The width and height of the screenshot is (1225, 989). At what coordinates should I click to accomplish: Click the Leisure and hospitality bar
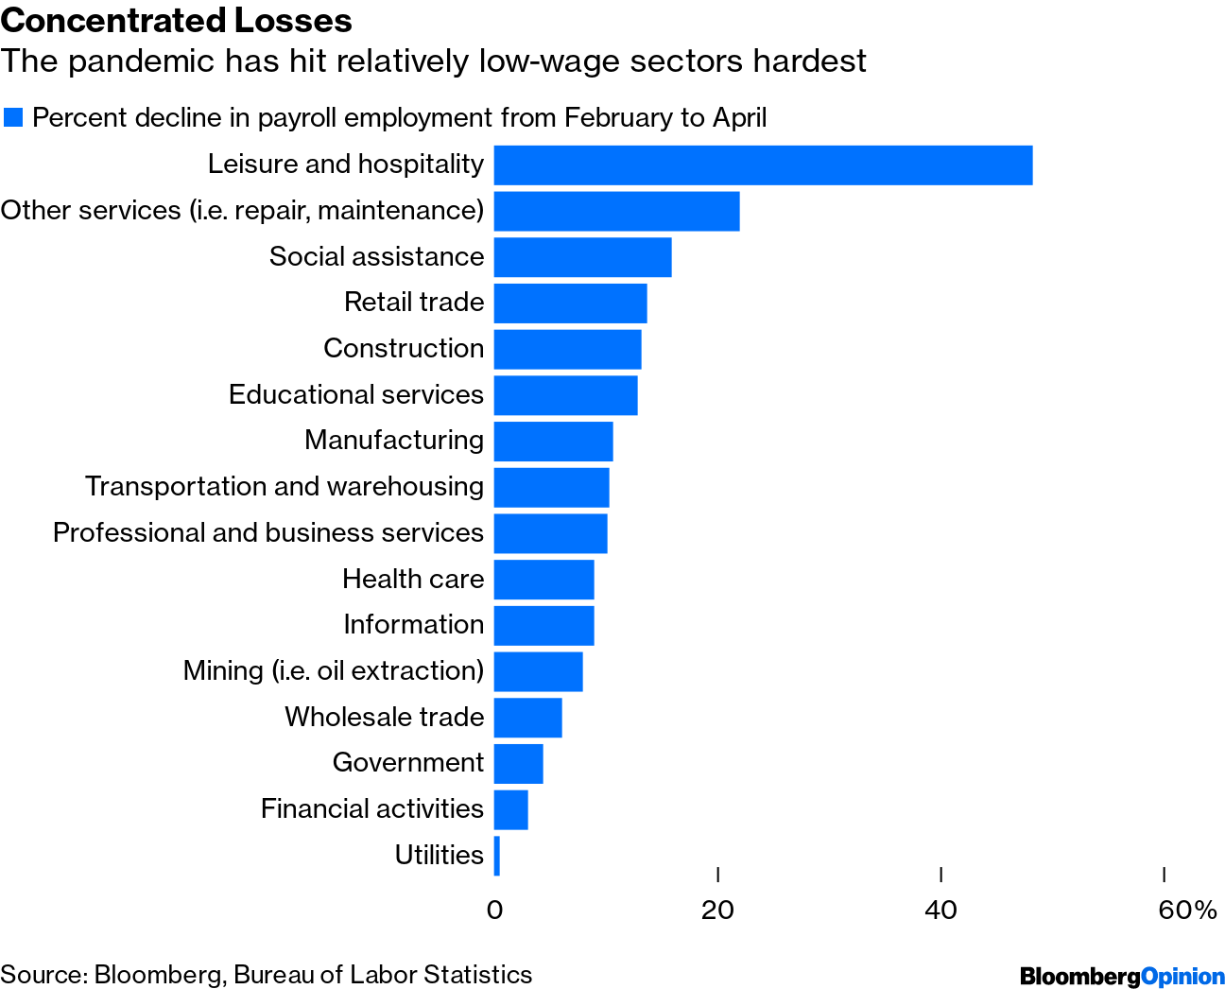(x=763, y=165)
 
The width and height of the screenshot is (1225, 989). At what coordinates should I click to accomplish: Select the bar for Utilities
(x=497, y=856)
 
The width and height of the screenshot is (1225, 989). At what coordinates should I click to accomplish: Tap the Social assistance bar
(x=582, y=257)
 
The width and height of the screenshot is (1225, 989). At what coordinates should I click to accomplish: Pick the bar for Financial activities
(x=510, y=809)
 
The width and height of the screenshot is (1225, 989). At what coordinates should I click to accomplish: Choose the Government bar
(x=518, y=764)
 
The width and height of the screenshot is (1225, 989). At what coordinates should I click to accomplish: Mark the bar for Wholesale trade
(x=527, y=718)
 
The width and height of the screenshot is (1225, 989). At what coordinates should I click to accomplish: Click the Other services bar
(x=616, y=211)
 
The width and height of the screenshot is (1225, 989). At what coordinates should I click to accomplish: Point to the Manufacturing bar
(x=553, y=442)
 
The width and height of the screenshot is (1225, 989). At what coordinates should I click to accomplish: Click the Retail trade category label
(x=414, y=303)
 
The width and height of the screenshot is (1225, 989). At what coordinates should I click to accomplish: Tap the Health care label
(x=413, y=579)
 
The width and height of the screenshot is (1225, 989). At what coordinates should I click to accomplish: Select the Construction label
(x=404, y=349)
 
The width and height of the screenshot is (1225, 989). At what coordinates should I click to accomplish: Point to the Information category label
(x=413, y=625)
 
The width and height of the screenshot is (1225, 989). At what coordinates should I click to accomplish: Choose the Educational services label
(x=356, y=394)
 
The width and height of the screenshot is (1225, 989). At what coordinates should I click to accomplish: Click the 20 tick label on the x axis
(x=717, y=911)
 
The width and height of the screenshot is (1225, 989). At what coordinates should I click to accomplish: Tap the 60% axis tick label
(x=1187, y=911)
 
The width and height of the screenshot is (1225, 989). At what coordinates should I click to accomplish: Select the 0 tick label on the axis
(x=494, y=911)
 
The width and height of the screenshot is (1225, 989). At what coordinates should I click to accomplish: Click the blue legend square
(x=13, y=117)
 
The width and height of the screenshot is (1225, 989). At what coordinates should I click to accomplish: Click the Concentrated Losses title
(x=177, y=20)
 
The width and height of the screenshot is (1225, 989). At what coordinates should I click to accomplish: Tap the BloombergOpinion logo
(x=1122, y=976)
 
